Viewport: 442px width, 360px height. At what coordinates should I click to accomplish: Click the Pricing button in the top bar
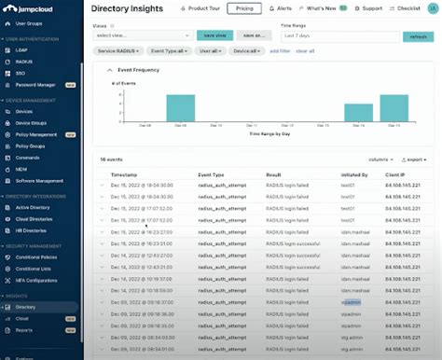pyautogui.click(x=243, y=8)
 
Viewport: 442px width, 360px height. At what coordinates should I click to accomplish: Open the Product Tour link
pyautogui.click(x=200, y=8)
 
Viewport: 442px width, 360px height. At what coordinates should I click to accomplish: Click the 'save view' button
pyautogui.click(x=215, y=35)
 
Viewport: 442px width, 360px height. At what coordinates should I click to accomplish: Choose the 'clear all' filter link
pyautogui.click(x=305, y=50)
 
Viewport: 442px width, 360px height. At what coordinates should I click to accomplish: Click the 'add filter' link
pyautogui.click(x=280, y=50)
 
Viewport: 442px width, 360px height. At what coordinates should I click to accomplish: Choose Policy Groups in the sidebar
pyautogui.click(x=30, y=145)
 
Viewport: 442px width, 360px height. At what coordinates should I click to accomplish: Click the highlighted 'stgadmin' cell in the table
pyautogui.click(x=352, y=302)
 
